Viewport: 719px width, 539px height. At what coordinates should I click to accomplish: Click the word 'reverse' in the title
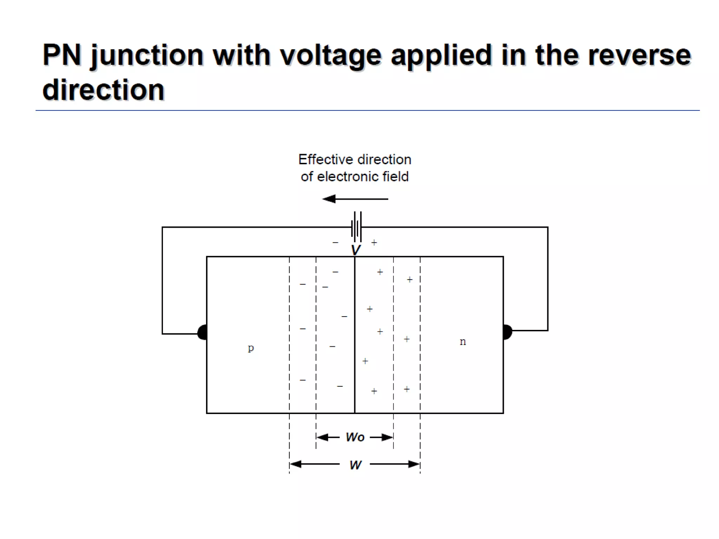pyautogui.click(x=639, y=55)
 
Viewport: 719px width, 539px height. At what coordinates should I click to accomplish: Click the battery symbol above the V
pyautogui.click(x=356, y=227)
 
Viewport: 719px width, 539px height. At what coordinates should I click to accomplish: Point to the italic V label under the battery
pyautogui.click(x=356, y=250)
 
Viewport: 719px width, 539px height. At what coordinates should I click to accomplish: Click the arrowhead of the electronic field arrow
pyautogui.click(x=329, y=199)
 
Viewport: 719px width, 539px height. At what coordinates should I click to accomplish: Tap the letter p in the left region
pyautogui.click(x=251, y=348)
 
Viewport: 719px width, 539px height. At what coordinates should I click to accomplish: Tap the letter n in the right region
pyautogui.click(x=463, y=341)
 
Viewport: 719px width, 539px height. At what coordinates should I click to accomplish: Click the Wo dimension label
pyautogui.click(x=355, y=437)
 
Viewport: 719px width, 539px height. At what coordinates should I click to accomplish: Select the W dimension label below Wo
pyautogui.click(x=355, y=465)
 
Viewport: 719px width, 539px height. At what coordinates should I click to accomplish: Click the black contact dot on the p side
pyautogui.click(x=203, y=332)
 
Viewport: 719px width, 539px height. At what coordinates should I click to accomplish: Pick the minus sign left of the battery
pyautogui.click(x=335, y=242)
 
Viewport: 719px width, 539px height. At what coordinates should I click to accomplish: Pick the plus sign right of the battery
pyautogui.click(x=374, y=242)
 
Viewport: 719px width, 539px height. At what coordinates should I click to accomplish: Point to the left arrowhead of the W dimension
pyautogui.click(x=296, y=464)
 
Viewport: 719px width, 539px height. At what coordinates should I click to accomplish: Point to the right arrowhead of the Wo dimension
pyautogui.click(x=387, y=437)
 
